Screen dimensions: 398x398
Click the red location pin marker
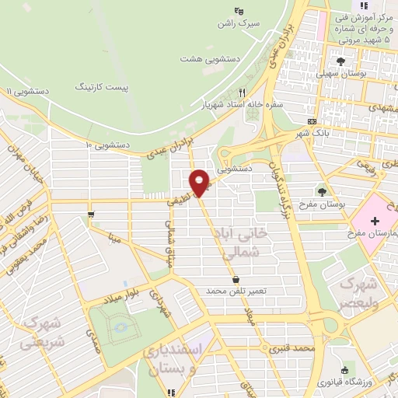(200, 183)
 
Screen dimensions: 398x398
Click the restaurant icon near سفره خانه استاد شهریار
(242, 92)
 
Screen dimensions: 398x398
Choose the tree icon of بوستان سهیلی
(340, 61)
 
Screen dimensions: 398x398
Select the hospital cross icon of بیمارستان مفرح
(375, 222)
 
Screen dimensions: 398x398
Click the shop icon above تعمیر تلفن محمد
(236, 279)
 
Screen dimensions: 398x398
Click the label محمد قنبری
(292, 349)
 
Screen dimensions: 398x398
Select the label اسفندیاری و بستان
(174, 360)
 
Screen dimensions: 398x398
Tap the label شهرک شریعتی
(43, 330)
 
